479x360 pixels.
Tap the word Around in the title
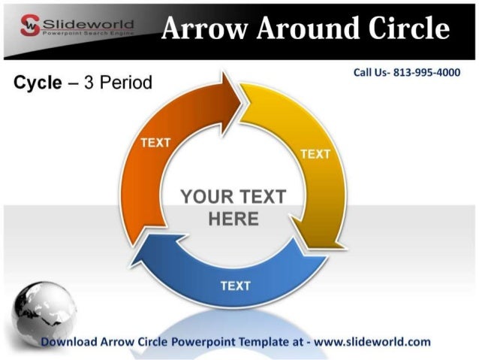pos(297,29)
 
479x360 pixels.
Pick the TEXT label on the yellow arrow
pos(315,154)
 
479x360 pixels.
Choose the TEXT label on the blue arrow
pos(236,285)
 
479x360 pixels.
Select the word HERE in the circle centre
pos(233,219)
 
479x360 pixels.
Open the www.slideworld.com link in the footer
pos(372,342)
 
